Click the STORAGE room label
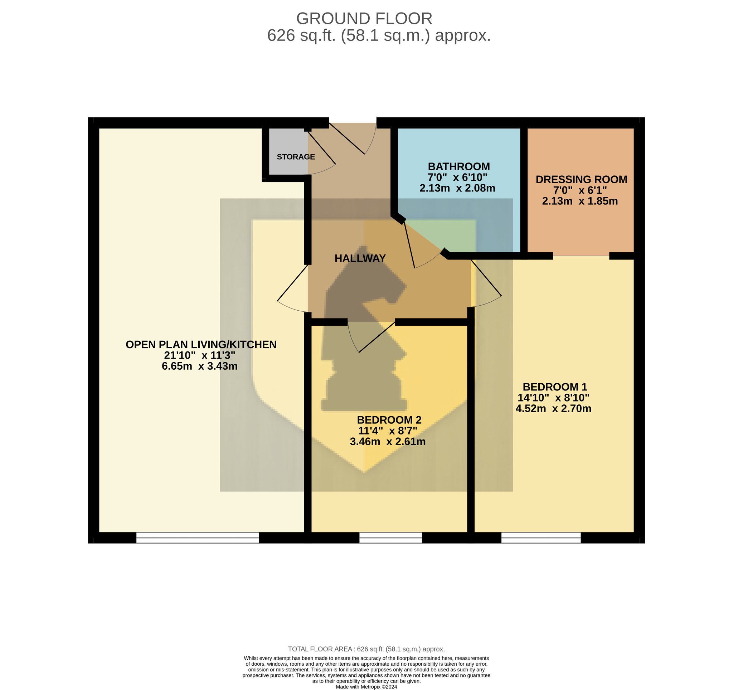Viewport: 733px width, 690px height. (x=296, y=157)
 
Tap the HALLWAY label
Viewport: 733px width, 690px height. (x=360, y=258)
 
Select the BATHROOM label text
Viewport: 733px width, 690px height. (x=459, y=166)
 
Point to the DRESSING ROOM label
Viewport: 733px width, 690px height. (x=581, y=180)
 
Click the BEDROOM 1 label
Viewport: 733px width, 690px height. (x=554, y=387)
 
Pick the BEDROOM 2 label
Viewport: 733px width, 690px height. (x=389, y=420)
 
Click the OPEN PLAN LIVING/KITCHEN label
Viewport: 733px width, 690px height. (x=201, y=344)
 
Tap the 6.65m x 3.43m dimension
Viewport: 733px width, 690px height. (x=199, y=366)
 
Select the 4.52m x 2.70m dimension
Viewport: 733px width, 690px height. (x=553, y=408)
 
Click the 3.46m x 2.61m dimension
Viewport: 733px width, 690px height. (x=388, y=441)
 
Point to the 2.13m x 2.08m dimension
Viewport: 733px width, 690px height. (x=457, y=188)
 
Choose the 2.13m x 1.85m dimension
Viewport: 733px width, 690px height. (x=579, y=201)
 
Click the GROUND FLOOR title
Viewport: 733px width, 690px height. (x=364, y=18)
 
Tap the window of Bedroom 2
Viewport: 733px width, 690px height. (x=390, y=538)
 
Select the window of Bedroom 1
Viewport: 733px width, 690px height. (x=541, y=538)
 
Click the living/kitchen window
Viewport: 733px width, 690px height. (x=198, y=538)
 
